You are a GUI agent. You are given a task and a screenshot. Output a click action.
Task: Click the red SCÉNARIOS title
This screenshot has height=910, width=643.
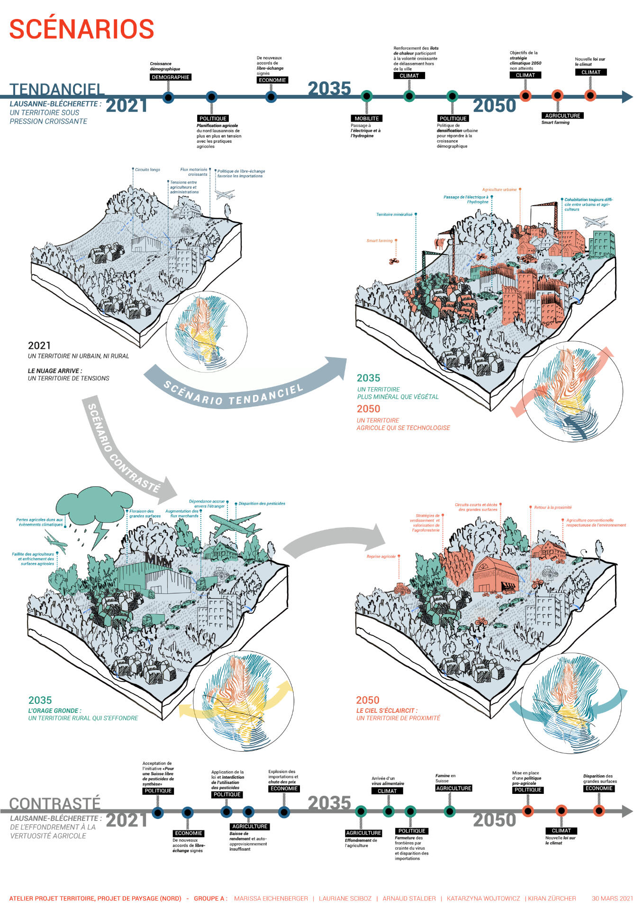point(82,29)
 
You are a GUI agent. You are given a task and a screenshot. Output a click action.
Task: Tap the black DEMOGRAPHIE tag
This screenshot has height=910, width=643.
point(171,77)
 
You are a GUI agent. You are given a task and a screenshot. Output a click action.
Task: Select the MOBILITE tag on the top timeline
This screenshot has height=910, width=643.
point(366,118)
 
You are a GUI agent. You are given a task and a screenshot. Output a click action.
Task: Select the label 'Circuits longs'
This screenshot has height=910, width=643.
point(147,170)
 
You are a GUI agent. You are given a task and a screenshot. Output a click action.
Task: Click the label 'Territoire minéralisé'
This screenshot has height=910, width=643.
point(394,215)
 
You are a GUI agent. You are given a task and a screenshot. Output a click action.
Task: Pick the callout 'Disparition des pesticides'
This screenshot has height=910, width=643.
point(262,503)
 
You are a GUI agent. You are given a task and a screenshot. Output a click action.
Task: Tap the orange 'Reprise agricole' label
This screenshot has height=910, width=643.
point(381,556)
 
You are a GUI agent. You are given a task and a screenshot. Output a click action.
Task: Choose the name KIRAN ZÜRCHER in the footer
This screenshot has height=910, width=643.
point(552,898)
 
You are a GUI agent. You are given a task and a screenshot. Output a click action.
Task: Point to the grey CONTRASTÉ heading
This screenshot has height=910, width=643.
point(55,803)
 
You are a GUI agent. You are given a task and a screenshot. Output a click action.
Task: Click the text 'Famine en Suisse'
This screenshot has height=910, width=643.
point(445,778)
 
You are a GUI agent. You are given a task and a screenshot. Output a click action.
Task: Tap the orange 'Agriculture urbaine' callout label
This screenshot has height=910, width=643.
point(499,190)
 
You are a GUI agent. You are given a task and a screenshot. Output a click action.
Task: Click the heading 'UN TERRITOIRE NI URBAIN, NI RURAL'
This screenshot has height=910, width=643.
point(78,356)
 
